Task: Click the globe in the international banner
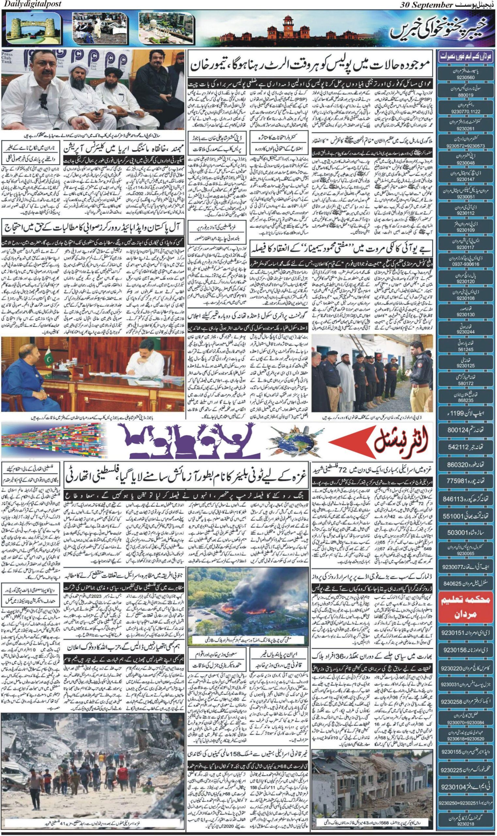284,442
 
